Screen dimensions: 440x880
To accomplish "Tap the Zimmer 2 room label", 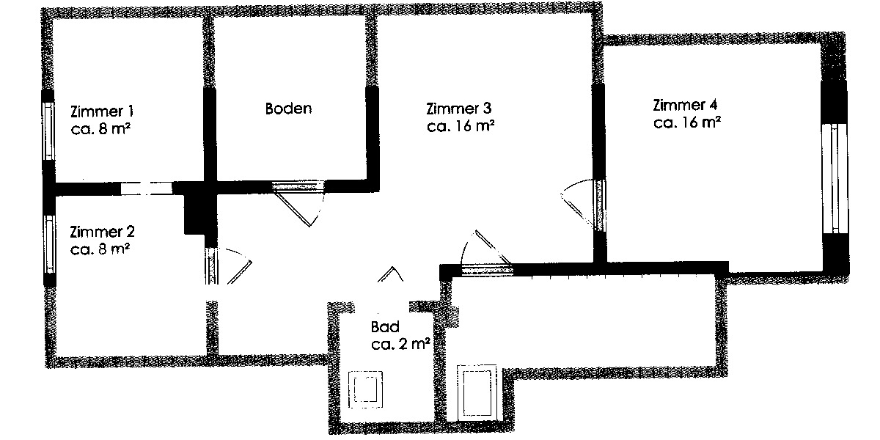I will click(102, 232).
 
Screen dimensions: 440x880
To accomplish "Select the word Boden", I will click(288, 109).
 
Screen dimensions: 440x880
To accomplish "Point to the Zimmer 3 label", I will click(458, 109).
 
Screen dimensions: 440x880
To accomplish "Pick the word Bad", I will click(385, 328).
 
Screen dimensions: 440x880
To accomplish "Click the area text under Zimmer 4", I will click(686, 122).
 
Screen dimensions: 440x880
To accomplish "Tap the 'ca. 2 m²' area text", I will click(400, 344).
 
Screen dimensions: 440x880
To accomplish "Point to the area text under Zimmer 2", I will click(100, 249).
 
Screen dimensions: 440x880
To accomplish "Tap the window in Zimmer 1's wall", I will click(48, 131).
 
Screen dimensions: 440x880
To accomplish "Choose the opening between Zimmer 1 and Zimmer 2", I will click(147, 188).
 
